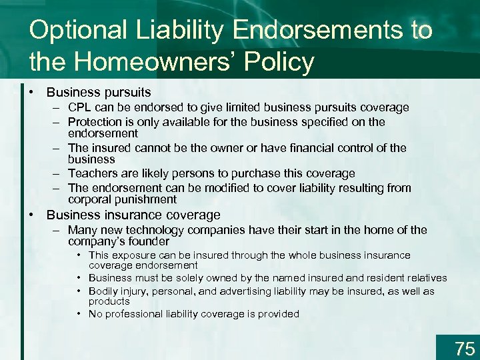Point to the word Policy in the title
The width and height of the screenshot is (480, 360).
[280, 63]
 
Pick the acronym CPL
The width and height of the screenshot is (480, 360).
[80, 107]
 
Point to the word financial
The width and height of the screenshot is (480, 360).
[291, 148]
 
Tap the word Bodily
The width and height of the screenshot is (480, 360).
[103, 291]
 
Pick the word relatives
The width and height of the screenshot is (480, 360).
[423, 278]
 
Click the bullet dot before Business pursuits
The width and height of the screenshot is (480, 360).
[32, 93]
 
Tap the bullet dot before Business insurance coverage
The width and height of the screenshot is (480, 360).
[32, 215]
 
